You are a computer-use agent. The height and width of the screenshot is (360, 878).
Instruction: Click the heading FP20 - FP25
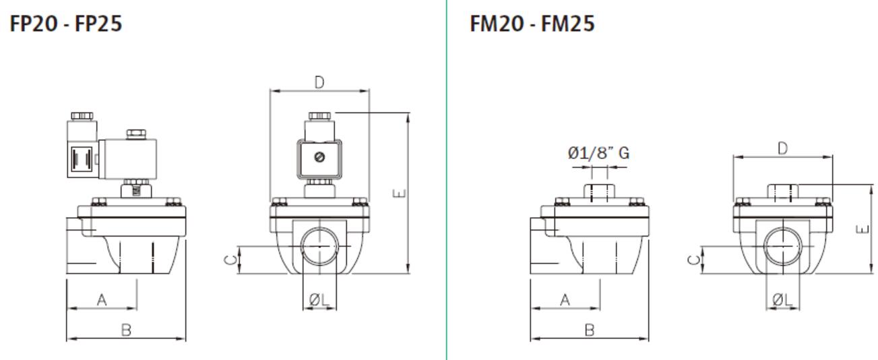(66, 26)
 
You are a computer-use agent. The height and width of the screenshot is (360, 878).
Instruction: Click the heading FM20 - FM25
(532, 26)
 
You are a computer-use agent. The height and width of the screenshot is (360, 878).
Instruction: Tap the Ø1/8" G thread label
(598, 154)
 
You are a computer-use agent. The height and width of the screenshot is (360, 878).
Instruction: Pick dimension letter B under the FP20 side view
(125, 330)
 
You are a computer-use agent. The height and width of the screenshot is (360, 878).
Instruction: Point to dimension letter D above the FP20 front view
(319, 82)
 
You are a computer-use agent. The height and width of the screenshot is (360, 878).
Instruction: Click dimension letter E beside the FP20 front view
(400, 194)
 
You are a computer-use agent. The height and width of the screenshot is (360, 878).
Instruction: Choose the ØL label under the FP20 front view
(319, 301)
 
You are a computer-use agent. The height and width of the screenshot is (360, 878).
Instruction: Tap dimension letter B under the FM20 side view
(589, 330)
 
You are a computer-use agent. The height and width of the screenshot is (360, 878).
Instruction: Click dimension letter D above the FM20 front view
(782, 149)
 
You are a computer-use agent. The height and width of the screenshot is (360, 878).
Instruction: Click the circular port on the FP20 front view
(319, 247)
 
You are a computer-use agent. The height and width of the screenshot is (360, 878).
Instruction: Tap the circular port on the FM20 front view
(782, 247)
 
